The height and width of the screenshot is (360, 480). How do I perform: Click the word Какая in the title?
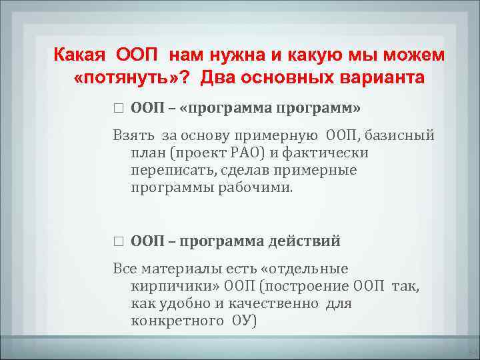click(x=81, y=54)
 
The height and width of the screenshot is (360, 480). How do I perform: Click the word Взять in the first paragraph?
click(x=134, y=136)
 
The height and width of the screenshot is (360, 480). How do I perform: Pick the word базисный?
click(x=401, y=136)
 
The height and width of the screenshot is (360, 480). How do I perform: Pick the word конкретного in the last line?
click(x=177, y=321)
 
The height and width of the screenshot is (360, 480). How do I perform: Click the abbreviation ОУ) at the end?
click(x=243, y=321)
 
